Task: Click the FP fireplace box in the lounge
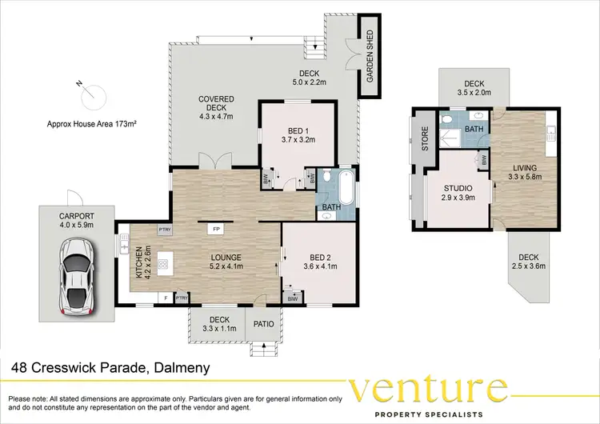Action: tap(215, 229)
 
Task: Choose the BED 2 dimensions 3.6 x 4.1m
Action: tap(314, 266)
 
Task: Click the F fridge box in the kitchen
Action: tap(166, 298)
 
